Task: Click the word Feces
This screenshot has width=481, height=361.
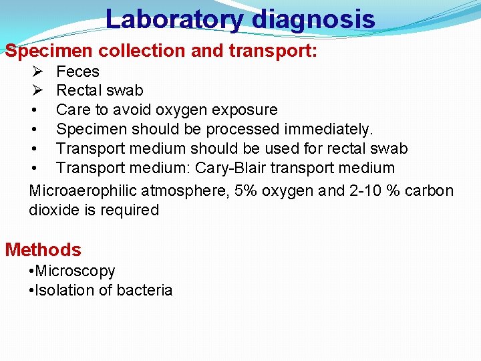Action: tap(77, 72)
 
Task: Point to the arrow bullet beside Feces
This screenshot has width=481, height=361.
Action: tap(37, 72)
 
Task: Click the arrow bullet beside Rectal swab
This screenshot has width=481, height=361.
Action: tap(37, 90)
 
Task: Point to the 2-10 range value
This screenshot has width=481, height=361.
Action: tap(369, 191)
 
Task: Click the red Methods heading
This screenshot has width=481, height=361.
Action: tap(43, 250)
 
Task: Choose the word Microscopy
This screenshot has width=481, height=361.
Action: tap(75, 271)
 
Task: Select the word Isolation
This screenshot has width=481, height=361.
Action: tap(64, 290)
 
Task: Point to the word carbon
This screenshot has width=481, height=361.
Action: tap(428, 191)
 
